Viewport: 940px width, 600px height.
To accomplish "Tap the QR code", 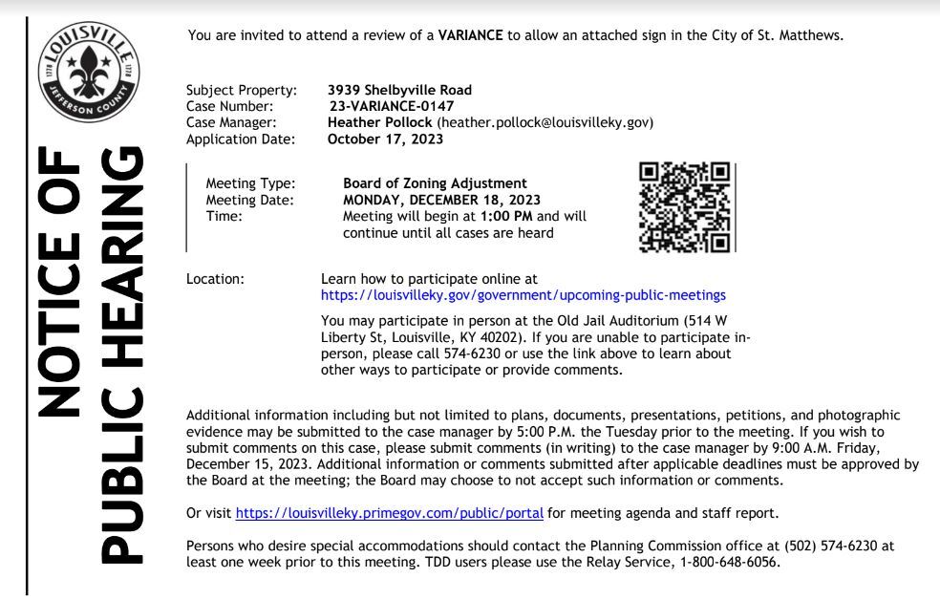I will [x=684, y=207].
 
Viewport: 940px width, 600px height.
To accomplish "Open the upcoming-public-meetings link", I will [x=524, y=295].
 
